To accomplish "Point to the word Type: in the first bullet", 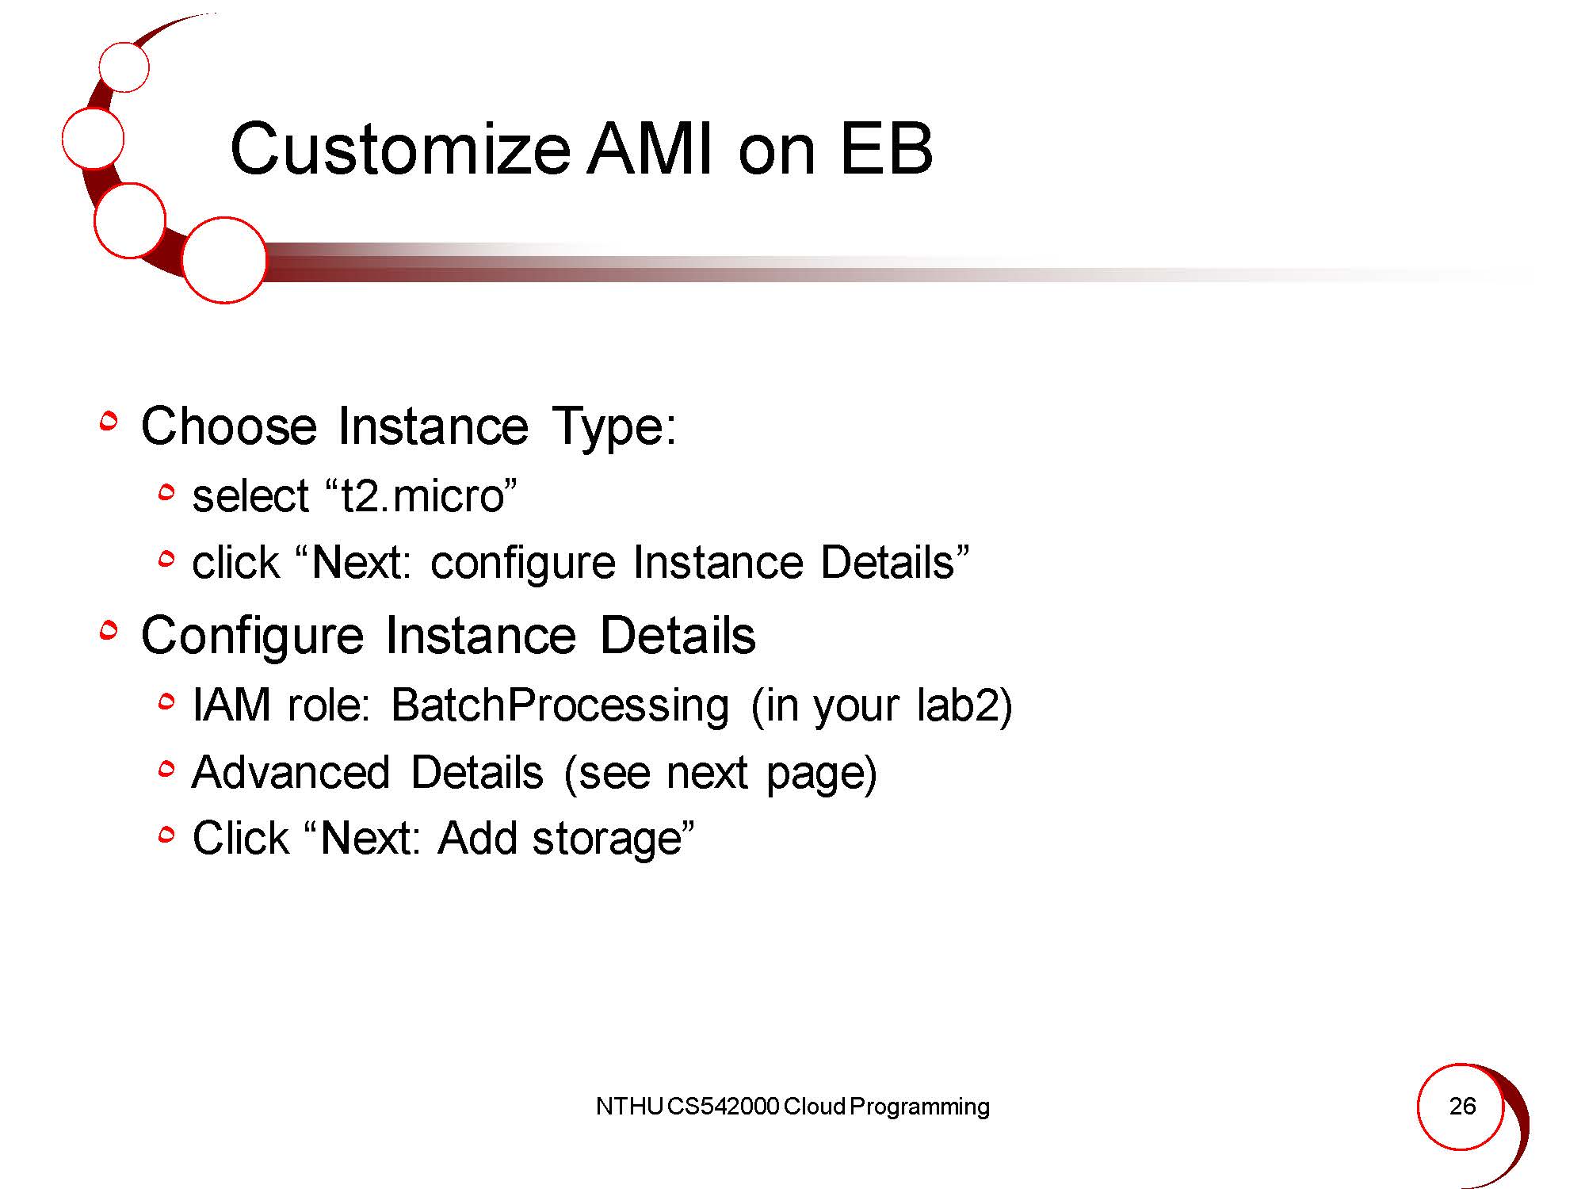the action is (x=614, y=426).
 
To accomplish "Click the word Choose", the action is (x=229, y=426).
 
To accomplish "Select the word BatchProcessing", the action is (x=560, y=705).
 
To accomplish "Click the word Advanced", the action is (x=291, y=772).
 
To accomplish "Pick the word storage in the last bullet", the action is (x=607, y=839).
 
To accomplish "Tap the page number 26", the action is (x=1462, y=1106).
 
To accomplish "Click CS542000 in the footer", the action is (x=723, y=1107).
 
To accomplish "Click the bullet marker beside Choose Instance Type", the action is (x=109, y=422).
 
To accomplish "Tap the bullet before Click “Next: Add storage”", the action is (x=166, y=835).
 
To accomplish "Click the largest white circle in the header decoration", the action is (x=224, y=260).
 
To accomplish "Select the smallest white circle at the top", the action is (x=124, y=67).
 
